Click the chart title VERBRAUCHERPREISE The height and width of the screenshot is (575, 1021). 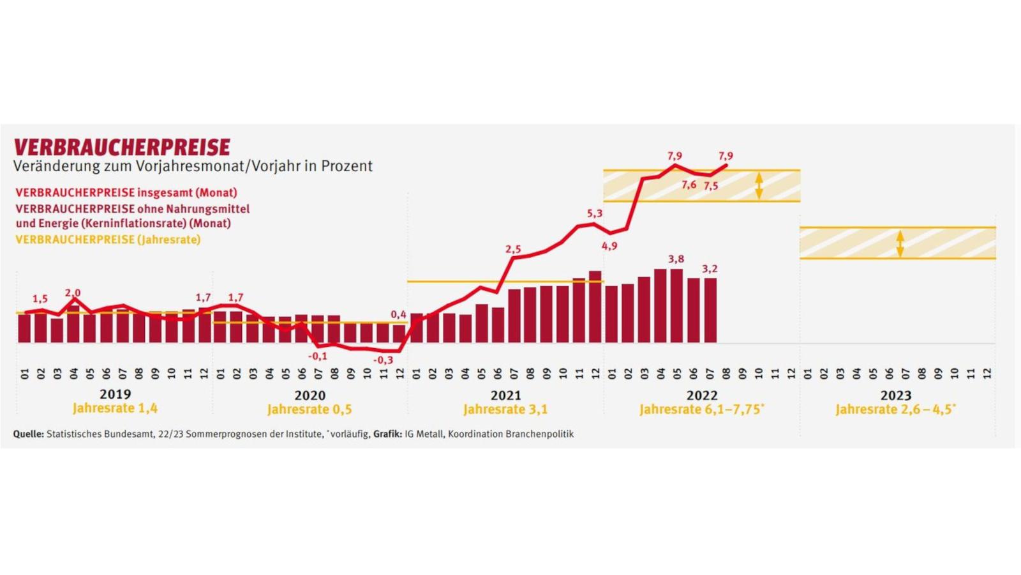pyautogui.click(x=122, y=148)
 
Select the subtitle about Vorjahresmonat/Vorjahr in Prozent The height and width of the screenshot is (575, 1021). pyautogui.click(x=193, y=167)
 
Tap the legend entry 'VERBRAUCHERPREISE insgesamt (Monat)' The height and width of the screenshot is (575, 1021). pyautogui.click(x=126, y=192)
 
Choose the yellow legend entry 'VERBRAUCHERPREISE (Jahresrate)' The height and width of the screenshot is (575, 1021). pyautogui.click(x=108, y=240)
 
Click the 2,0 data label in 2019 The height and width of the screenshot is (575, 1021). pyautogui.click(x=73, y=293)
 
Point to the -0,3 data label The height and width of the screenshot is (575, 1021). pyautogui.click(x=383, y=360)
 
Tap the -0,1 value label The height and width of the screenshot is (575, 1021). pyautogui.click(x=318, y=356)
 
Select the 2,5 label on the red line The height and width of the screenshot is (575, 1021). pyautogui.click(x=513, y=249)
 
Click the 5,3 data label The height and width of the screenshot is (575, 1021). pyautogui.click(x=595, y=213)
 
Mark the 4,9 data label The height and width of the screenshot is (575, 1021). pyautogui.click(x=609, y=247)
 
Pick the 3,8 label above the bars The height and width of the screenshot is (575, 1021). pyautogui.click(x=676, y=259)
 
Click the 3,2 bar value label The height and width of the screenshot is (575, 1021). pyautogui.click(x=710, y=269)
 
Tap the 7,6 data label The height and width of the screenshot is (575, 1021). pyautogui.click(x=689, y=185)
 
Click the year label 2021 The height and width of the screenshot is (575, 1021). pyautogui.click(x=505, y=395)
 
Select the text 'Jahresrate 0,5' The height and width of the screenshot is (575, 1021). pyautogui.click(x=309, y=410)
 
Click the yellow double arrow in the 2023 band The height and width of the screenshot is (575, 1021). pyautogui.click(x=900, y=243)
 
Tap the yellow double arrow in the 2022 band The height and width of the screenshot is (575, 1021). pyautogui.click(x=759, y=186)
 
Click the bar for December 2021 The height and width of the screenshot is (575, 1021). pyautogui.click(x=595, y=307)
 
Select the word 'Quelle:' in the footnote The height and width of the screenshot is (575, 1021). pyautogui.click(x=28, y=434)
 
